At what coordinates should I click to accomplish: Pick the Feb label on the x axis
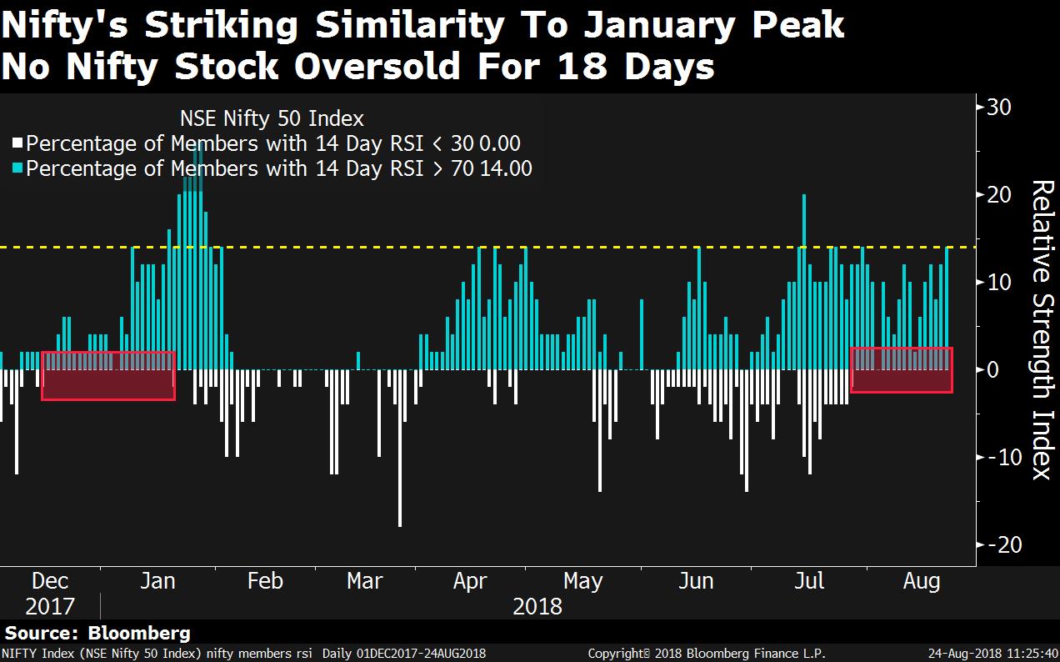pos(265,581)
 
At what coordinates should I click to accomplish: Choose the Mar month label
pos(364,581)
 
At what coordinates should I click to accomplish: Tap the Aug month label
pos(922,581)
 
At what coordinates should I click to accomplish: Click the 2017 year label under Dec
pos(50,606)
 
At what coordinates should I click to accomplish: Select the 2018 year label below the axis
pos(537,606)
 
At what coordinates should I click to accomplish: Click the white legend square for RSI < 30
pos(18,143)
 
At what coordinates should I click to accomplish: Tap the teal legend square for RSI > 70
pos(18,168)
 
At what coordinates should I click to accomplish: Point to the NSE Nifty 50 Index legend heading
pos(272,118)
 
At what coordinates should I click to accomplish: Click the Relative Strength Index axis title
pos(1042,329)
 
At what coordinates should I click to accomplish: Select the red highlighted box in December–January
pos(107,376)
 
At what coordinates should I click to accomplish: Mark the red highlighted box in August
pos(901,370)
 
